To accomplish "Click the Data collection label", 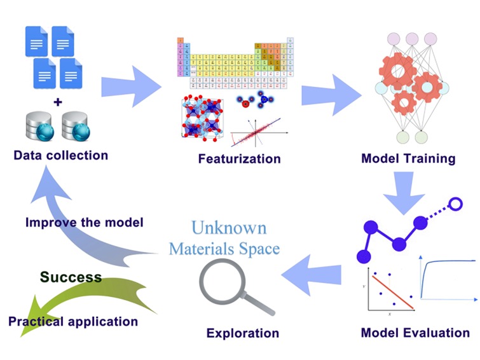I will (x=60, y=155).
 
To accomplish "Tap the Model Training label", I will (x=408, y=158).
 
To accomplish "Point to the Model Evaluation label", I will (x=415, y=333).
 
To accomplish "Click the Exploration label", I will (x=242, y=333).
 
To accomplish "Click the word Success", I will (x=71, y=277).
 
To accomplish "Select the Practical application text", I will (x=73, y=321).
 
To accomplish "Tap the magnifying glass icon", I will (x=225, y=284).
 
